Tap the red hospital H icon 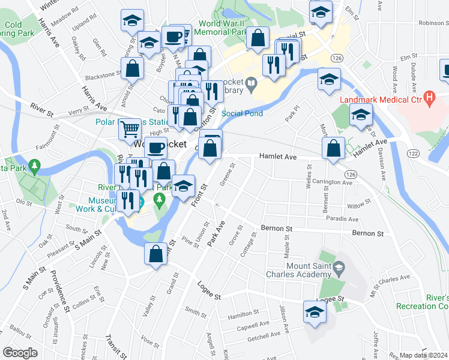(x=429, y=96)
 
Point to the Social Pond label (x=240, y=113)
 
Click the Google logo (x=20, y=353)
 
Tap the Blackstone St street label (x=103, y=76)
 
